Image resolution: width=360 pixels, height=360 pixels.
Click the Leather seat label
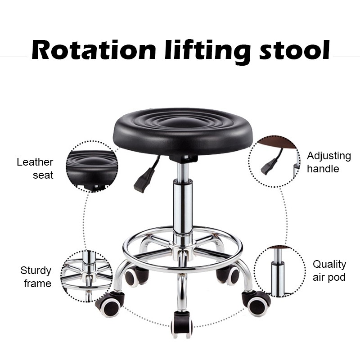coord(35,168)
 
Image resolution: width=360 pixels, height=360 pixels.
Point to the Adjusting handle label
coord(328,162)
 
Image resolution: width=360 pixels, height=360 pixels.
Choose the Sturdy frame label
coord(36,277)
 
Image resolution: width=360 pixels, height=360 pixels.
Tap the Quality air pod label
coord(329,270)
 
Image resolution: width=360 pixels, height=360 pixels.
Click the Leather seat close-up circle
coord(92,166)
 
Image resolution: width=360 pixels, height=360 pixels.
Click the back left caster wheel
coord(135,275)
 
